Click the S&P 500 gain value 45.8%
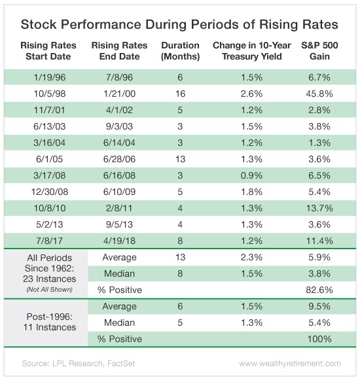point(319,94)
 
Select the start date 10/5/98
point(50,94)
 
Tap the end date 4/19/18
point(119,241)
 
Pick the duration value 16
point(180,94)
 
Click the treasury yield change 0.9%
point(251,175)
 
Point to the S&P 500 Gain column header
point(319,51)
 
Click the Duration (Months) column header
point(180,51)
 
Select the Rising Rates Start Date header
point(48,51)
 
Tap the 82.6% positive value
point(319,290)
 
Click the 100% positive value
point(319,339)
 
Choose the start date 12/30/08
point(50,192)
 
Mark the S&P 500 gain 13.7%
point(319,208)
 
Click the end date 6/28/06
point(119,159)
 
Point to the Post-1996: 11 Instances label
point(50,322)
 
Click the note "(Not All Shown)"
point(50,289)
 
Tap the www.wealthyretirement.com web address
point(290,364)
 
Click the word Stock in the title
point(39,24)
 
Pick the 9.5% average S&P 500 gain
point(319,306)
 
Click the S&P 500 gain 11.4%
point(319,241)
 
